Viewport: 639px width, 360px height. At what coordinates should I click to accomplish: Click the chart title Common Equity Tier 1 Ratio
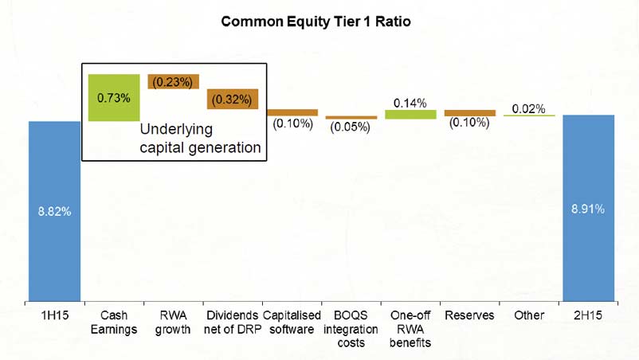[316, 22]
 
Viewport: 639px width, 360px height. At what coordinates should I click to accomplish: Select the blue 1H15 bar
[55, 211]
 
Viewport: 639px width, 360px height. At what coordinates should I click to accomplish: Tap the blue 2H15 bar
[589, 208]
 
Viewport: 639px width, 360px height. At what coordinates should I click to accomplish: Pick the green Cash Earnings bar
[114, 98]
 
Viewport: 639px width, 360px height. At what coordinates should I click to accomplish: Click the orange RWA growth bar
[173, 81]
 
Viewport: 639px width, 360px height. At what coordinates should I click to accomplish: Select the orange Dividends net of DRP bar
[233, 99]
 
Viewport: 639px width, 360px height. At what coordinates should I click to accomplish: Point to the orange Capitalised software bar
[292, 112]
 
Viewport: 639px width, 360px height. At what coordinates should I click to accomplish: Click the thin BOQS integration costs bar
[351, 118]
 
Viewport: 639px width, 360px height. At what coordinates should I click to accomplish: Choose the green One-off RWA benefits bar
[410, 115]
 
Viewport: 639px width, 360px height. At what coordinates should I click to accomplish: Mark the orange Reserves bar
[470, 113]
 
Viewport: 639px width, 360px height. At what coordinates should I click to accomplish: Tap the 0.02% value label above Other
[528, 109]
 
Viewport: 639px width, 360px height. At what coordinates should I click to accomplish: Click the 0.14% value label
[410, 103]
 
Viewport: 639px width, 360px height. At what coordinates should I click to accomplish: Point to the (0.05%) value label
[350, 127]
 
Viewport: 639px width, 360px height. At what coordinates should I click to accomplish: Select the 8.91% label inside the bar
[588, 209]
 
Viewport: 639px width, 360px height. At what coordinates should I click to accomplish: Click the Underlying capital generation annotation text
[200, 139]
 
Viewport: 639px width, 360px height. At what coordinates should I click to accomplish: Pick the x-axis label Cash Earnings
[114, 322]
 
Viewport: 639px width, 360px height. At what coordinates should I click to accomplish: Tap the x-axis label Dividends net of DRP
[233, 322]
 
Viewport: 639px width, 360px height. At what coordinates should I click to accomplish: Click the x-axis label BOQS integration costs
[351, 329]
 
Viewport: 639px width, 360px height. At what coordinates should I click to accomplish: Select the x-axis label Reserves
[469, 315]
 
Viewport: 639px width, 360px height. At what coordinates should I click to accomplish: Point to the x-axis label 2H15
[588, 315]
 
